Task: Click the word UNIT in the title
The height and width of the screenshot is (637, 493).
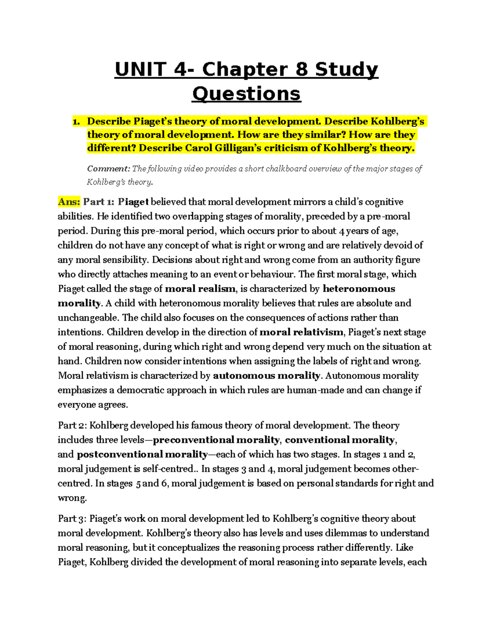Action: (x=140, y=69)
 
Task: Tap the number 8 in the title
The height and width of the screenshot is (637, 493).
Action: (x=301, y=69)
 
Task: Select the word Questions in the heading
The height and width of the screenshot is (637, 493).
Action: (x=246, y=94)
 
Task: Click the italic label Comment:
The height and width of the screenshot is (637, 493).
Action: (x=108, y=169)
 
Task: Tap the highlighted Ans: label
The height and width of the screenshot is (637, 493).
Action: (x=69, y=202)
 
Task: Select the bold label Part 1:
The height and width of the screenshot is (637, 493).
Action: (x=99, y=202)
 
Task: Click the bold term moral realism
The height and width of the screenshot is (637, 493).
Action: (x=200, y=289)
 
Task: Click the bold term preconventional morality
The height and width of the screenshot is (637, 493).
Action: (x=216, y=440)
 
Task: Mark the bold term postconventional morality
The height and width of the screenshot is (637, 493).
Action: (x=142, y=454)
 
